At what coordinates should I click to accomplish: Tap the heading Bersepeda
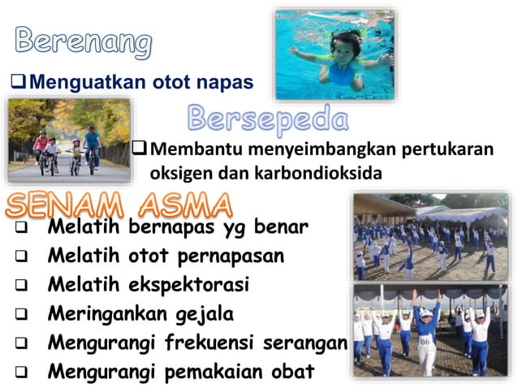[x=268, y=119]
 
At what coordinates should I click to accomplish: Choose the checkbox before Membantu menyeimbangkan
[x=140, y=150]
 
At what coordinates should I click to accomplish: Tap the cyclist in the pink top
[x=41, y=146]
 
